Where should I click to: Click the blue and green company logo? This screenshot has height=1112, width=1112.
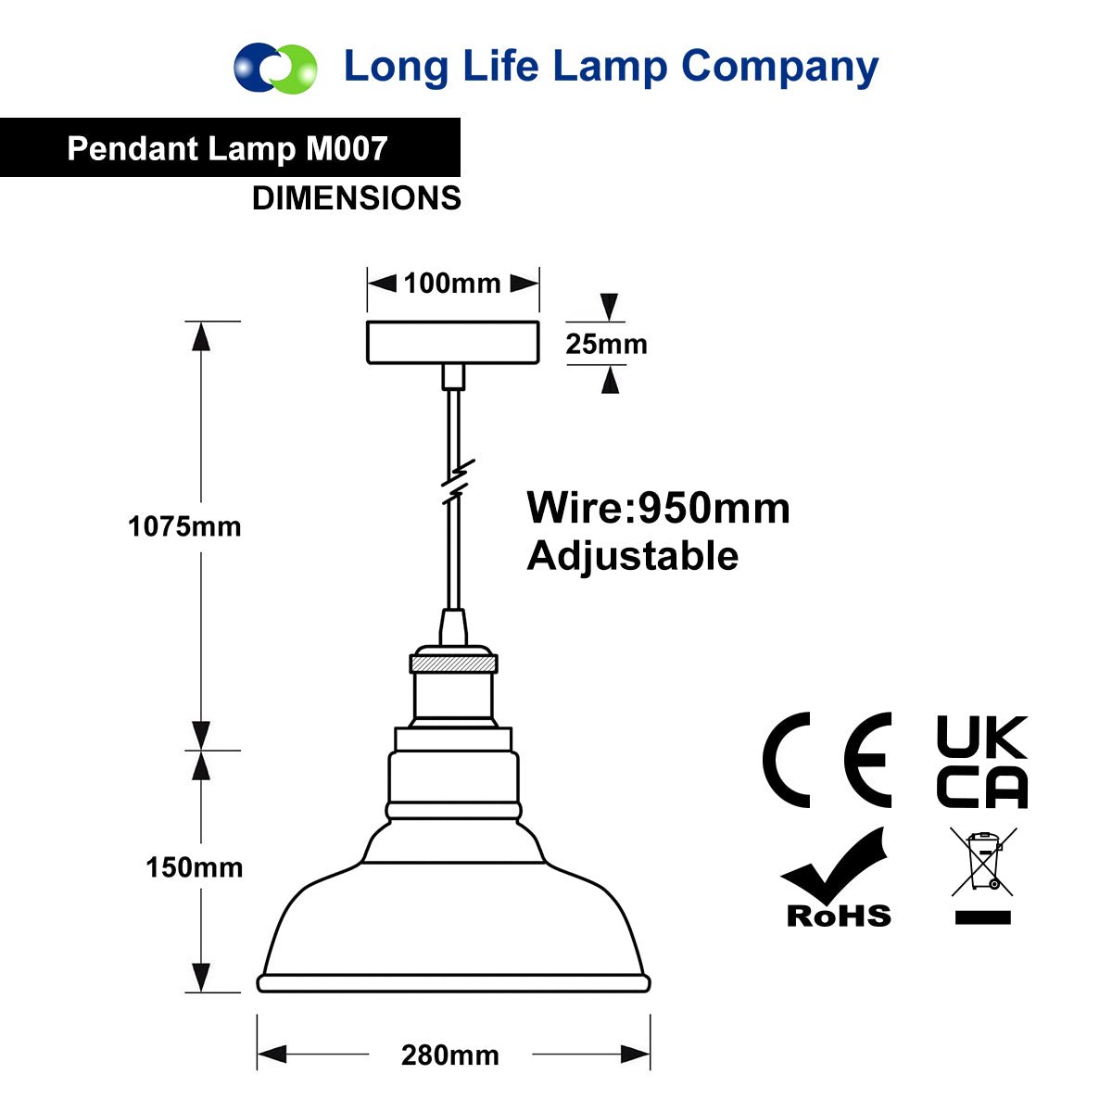pos(274,68)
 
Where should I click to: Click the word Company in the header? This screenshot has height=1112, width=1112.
pos(779,68)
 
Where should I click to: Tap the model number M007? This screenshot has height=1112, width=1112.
pos(347,149)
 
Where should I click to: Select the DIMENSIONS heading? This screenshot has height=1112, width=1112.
pos(357,198)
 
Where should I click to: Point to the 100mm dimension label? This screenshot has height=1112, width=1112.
pos(452,284)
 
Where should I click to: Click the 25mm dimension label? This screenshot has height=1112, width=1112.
pos(606,344)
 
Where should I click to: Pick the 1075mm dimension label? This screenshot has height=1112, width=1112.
pos(184,526)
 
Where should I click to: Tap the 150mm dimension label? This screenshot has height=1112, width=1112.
pos(195,867)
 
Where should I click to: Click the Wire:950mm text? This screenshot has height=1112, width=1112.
pos(659,509)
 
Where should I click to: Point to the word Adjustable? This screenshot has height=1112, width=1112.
pos(633,557)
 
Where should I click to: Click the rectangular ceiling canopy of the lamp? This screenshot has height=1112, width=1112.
pos(453,343)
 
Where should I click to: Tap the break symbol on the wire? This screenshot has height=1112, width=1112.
pos(458,481)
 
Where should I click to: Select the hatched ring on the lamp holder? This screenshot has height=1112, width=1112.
pos(453,663)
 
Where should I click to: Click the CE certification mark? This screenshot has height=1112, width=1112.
pos(827,760)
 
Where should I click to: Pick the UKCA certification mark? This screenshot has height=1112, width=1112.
pos(983,761)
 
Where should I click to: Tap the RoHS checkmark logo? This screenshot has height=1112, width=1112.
pos(835,878)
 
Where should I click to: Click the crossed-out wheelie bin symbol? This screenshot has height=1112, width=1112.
pos(984,862)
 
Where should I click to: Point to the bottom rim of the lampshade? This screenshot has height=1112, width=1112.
pos(453,983)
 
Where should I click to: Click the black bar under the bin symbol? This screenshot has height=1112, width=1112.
pos(983,917)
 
